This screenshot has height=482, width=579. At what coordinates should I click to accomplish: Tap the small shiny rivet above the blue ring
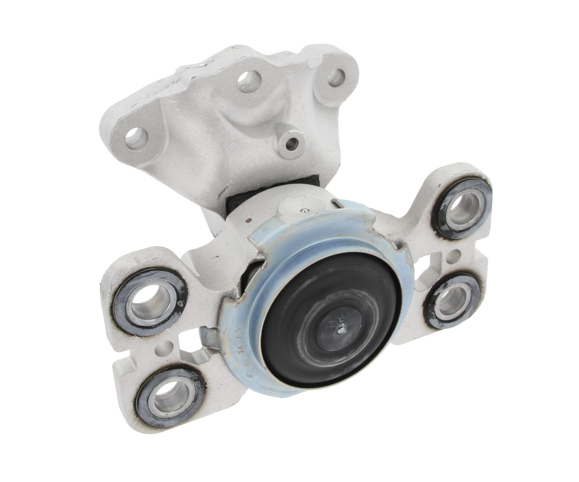coord(303,211)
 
